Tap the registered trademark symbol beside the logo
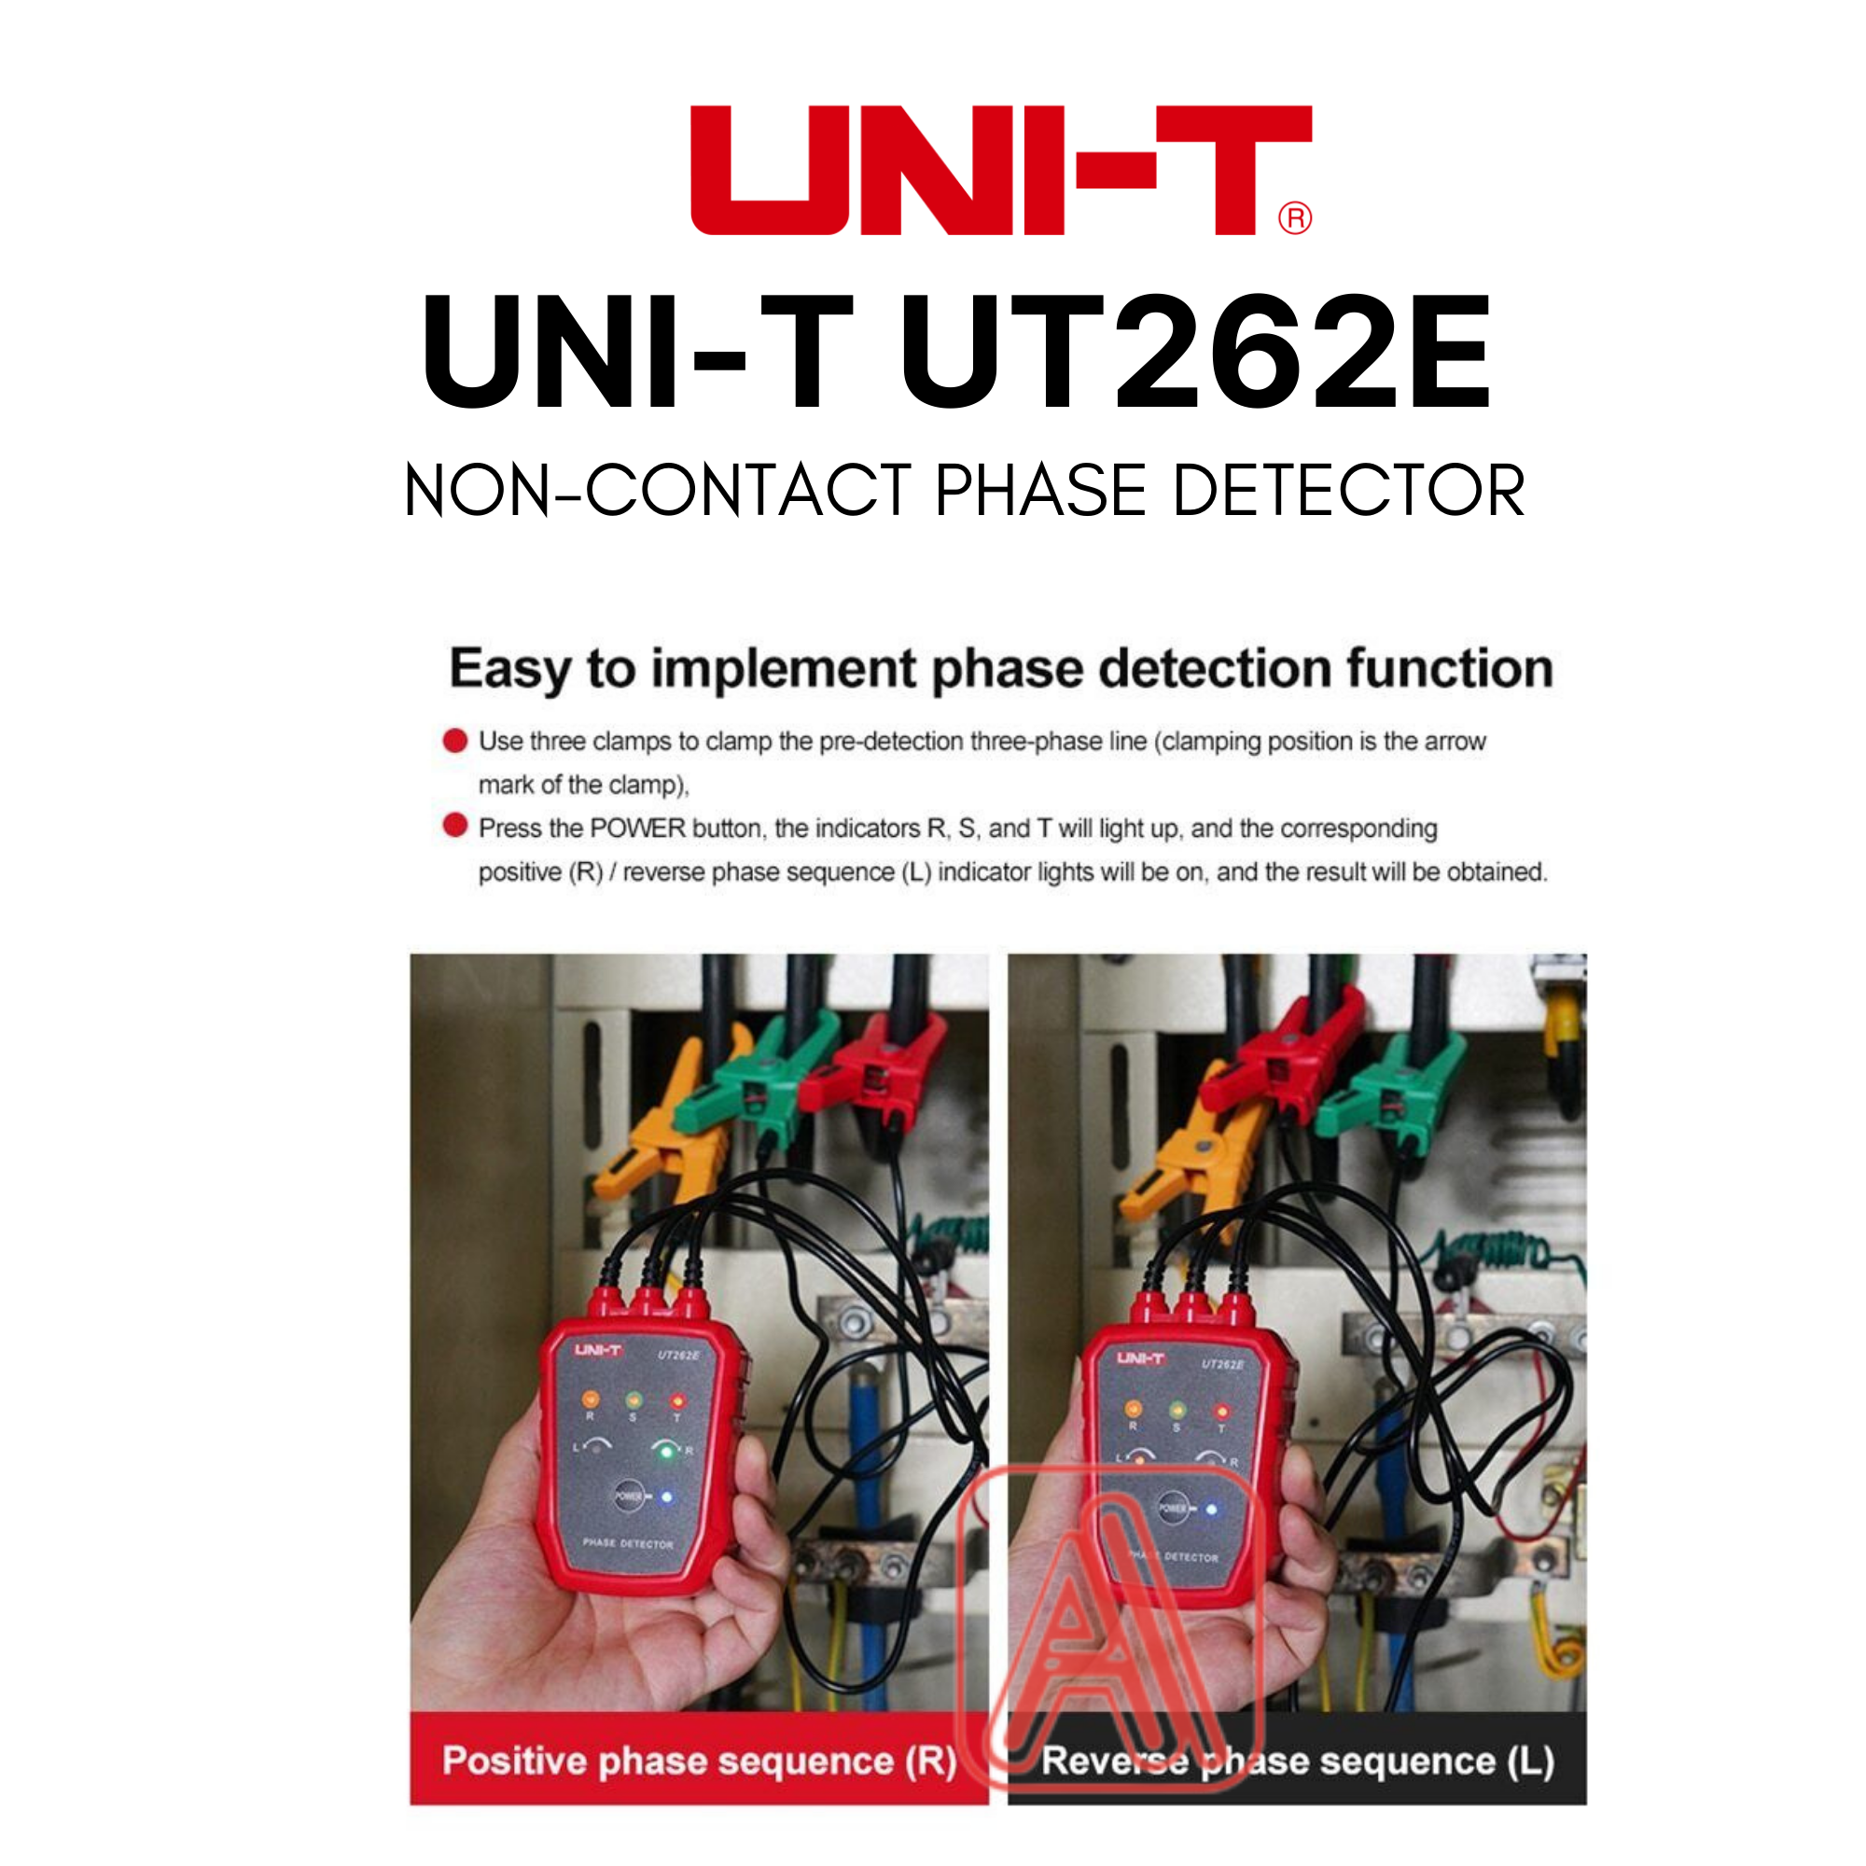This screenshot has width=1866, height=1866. click(1295, 218)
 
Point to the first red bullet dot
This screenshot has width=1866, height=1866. click(455, 741)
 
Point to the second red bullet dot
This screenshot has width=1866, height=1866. click(455, 827)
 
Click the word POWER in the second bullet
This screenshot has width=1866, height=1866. click(638, 829)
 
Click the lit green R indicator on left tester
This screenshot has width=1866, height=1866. click(665, 1452)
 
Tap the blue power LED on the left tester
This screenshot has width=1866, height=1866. click(666, 1498)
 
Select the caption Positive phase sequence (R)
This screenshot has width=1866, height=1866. click(698, 1761)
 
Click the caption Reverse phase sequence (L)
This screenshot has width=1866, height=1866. click(1297, 1761)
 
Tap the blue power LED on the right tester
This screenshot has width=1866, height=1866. click(1211, 1509)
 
